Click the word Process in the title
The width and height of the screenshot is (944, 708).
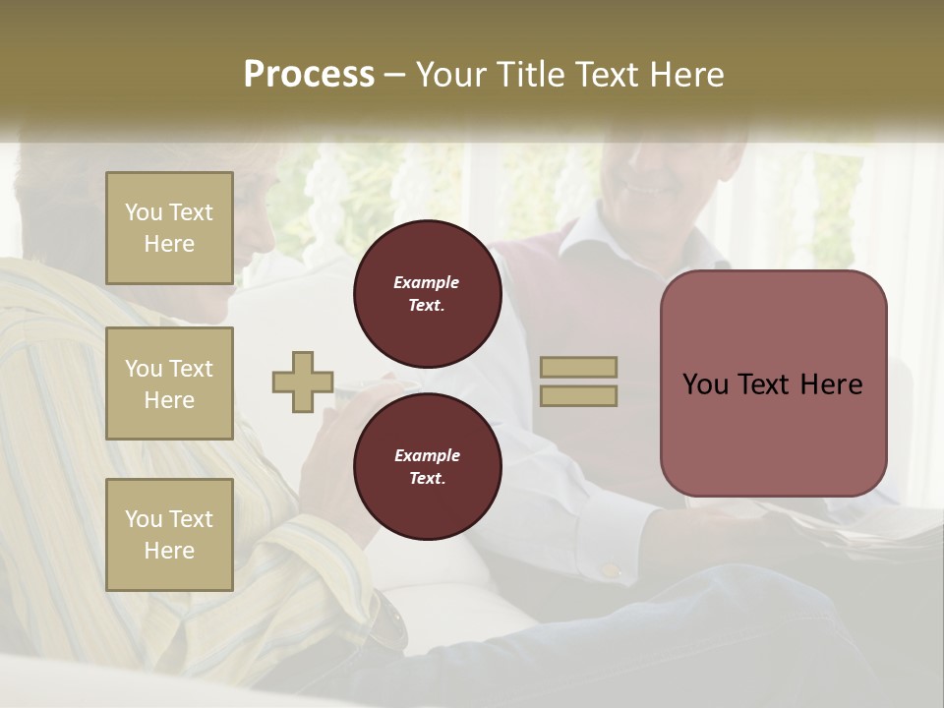pyautogui.click(x=309, y=75)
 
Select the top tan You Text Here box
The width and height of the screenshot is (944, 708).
pyautogui.click(x=169, y=228)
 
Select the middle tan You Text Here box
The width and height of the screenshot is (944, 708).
pyautogui.click(x=169, y=383)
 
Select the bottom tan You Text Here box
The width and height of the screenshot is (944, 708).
pyautogui.click(x=169, y=534)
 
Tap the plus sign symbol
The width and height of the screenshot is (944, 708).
pyautogui.click(x=303, y=382)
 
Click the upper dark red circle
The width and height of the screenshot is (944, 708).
pyautogui.click(x=427, y=294)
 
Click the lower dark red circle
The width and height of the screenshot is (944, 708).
pyautogui.click(x=427, y=467)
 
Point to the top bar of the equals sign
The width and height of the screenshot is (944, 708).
pyautogui.click(x=579, y=367)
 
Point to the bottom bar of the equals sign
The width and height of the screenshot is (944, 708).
pyautogui.click(x=579, y=395)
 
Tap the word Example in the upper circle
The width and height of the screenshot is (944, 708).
pyautogui.click(x=426, y=283)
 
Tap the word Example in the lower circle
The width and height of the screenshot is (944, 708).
pyautogui.click(x=427, y=455)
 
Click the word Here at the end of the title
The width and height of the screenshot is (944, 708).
pyautogui.click(x=686, y=75)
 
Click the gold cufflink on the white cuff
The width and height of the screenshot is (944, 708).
pyautogui.click(x=610, y=569)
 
